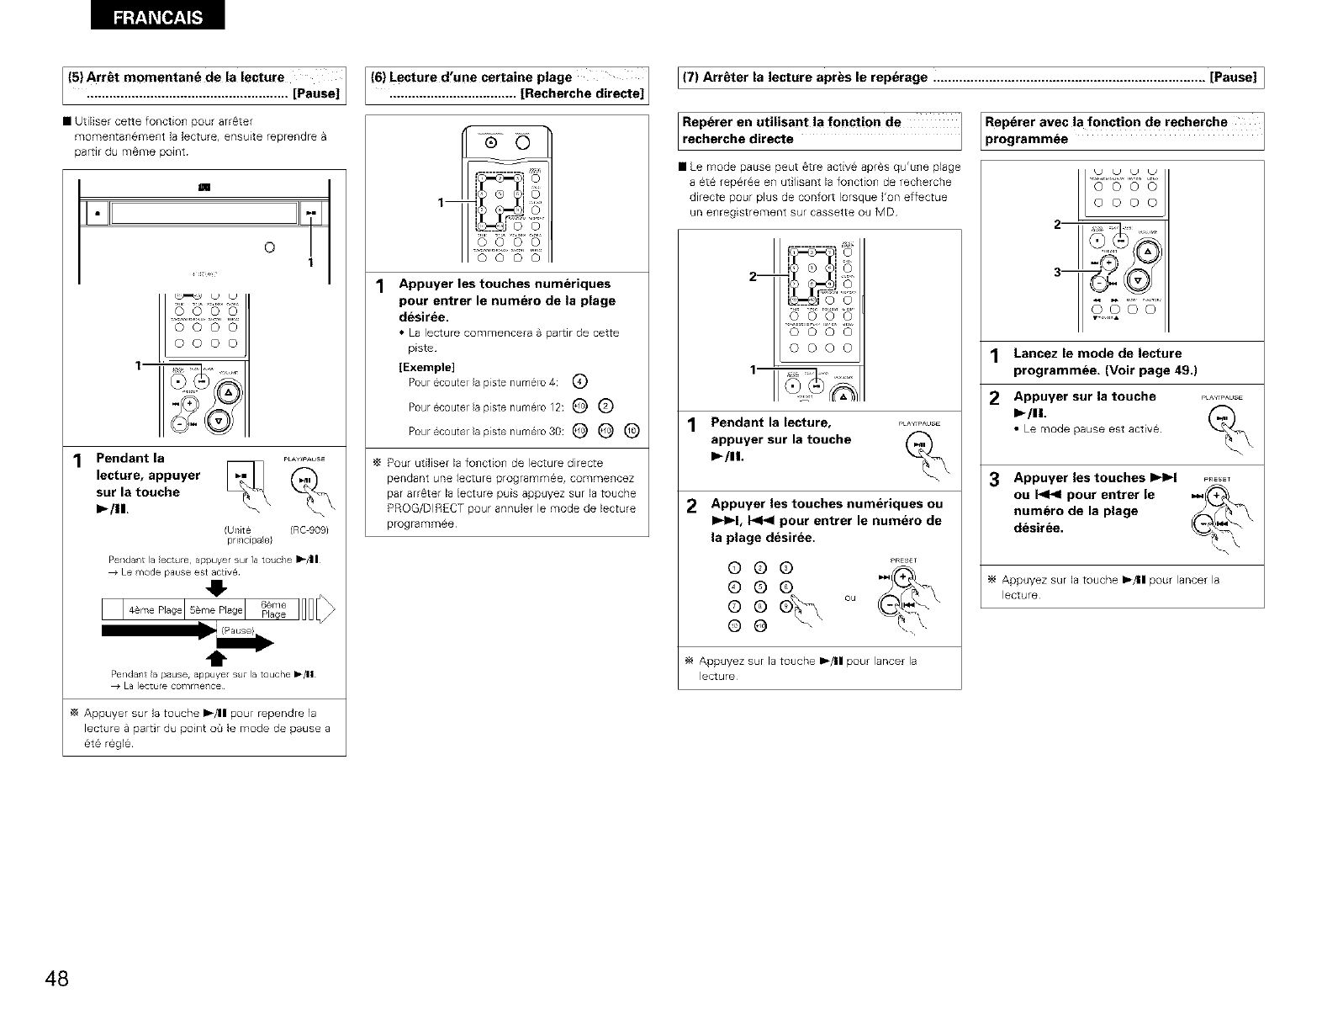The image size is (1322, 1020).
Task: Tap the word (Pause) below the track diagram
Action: click(x=235, y=630)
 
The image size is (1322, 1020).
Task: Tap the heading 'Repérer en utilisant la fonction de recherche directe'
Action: click(x=793, y=130)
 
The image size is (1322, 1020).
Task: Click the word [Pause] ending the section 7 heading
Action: click(x=1232, y=77)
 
